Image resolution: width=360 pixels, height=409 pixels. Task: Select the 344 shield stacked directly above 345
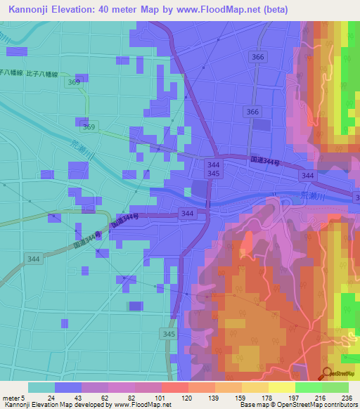(x=214, y=163)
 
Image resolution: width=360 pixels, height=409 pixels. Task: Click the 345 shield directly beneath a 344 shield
(x=214, y=173)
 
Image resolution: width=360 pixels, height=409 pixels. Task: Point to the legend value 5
(x=25, y=398)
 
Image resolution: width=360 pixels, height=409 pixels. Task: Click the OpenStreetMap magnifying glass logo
(x=327, y=374)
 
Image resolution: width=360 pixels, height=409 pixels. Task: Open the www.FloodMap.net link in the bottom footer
(x=144, y=405)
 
